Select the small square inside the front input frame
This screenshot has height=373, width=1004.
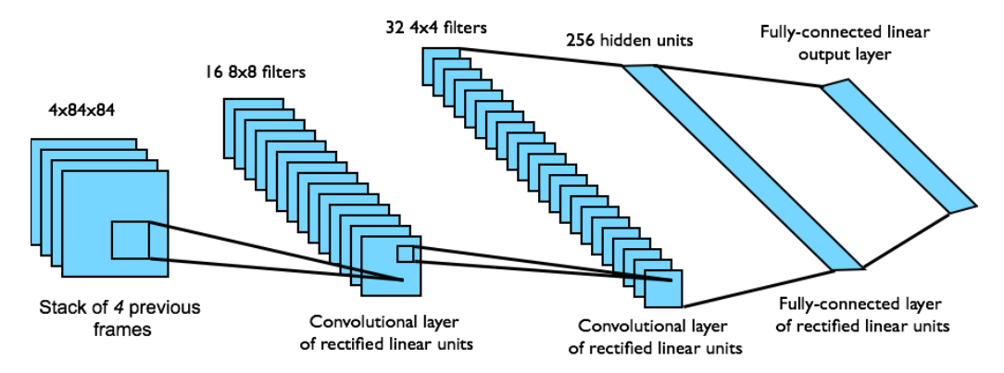point(130,241)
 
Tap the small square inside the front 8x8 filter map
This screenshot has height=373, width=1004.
point(407,255)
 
